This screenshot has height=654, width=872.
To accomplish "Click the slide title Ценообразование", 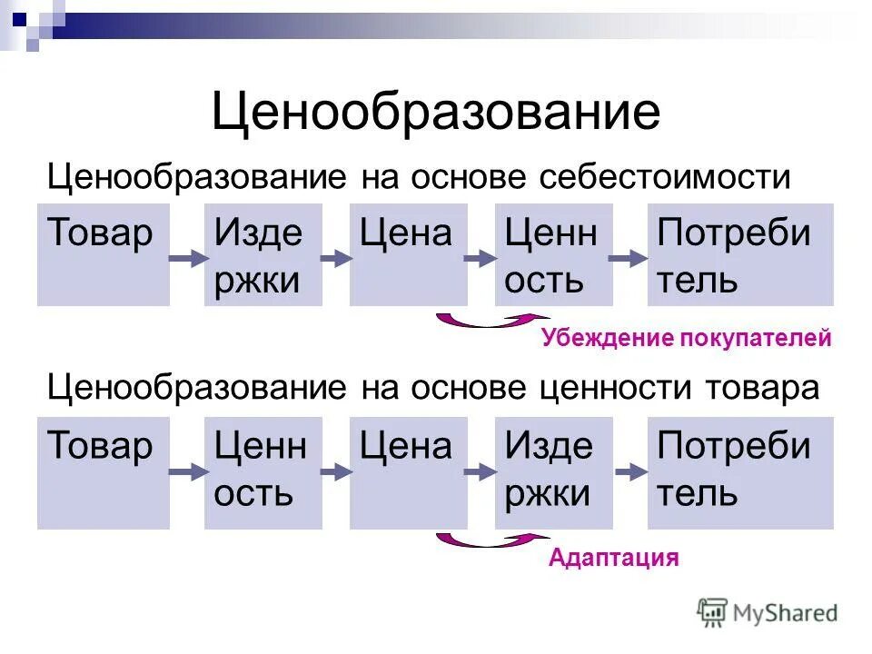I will [436, 114].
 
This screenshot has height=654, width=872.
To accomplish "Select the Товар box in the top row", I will [103, 254].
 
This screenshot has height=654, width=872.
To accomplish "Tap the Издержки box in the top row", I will [263, 254].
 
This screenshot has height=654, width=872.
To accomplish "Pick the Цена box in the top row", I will [408, 254].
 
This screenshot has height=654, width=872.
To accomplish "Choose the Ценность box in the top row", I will [553, 254].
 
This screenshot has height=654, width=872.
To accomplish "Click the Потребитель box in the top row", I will [739, 254].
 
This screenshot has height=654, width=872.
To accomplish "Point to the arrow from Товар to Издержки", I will [186, 259].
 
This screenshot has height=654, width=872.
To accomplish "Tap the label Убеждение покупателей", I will [686, 340].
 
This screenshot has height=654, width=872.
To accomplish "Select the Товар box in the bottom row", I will [103, 472].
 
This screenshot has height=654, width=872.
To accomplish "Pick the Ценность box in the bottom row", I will [263, 472].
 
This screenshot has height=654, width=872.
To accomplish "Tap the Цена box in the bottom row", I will [408, 472].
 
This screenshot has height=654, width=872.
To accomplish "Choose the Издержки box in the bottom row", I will [553, 472].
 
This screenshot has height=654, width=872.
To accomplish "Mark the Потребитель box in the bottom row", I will [739, 472].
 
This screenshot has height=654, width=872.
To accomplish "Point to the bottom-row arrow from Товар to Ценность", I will [186, 472].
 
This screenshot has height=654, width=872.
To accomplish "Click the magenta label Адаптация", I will [613, 557].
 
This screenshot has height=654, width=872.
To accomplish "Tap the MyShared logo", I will [768, 613].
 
